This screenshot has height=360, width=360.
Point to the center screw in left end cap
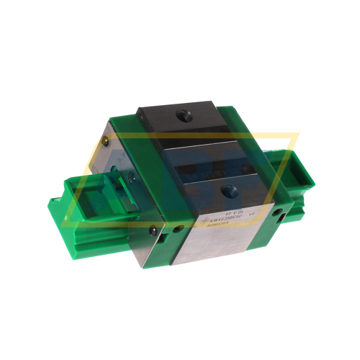point(132,179)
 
